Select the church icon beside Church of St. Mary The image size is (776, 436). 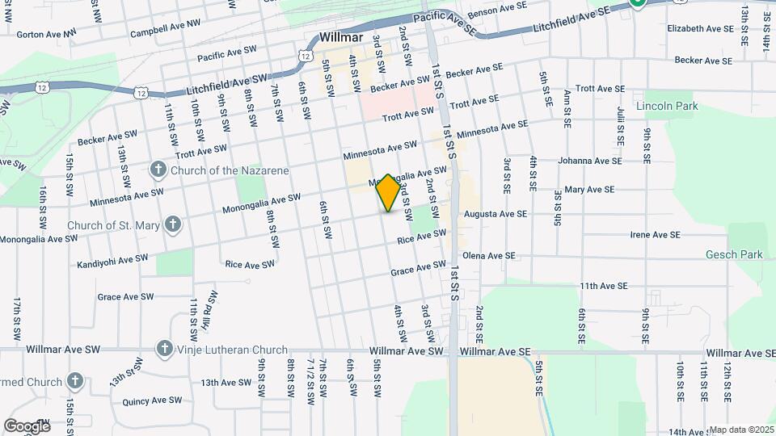[x=171, y=224]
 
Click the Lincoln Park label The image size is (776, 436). [x=666, y=106]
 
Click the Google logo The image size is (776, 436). [x=27, y=426]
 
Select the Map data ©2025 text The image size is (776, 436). [x=741, y=430]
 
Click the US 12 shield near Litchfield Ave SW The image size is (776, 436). [x=141, y=94]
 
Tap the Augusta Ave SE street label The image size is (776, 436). [x=496, y=214]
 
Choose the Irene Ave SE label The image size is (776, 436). [x=661, y=235]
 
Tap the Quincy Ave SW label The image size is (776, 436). [x=152, y=400]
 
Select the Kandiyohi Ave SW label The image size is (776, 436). [x=112, y=260]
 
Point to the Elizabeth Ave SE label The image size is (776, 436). [x=700, y=28]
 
